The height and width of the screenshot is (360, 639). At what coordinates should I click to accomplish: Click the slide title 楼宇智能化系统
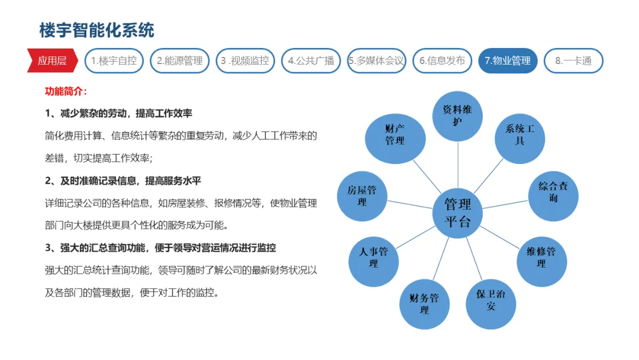click(96, 30)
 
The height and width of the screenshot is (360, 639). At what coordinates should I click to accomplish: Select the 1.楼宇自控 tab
click(114, 60)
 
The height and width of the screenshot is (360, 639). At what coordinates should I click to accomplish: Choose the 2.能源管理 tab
click(179, 60)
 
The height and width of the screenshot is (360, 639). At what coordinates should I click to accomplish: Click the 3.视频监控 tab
click(245, 60)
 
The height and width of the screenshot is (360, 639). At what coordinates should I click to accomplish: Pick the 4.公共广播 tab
click(311, 60)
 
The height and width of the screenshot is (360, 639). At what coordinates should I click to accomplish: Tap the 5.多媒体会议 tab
click(376, 60)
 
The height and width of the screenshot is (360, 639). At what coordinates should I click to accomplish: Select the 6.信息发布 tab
click(442, 60)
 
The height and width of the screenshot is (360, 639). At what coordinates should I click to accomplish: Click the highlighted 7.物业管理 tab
click(508, 60)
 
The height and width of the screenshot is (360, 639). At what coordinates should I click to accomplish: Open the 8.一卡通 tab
click(573, 60)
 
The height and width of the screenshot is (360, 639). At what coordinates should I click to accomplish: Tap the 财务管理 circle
click(425, 304)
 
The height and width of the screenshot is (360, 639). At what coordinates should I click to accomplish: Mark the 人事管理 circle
click(373, 261)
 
